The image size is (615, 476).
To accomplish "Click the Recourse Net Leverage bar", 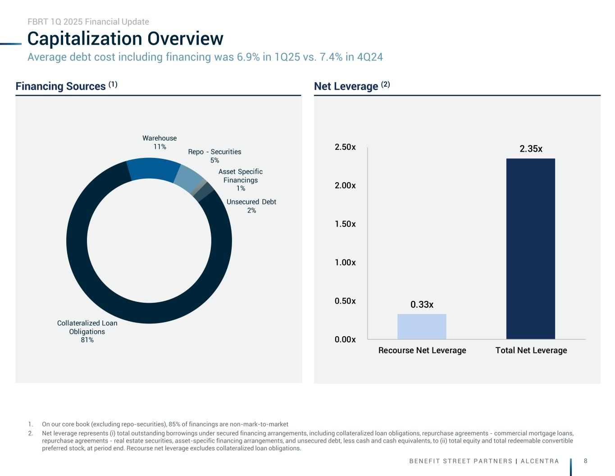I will pos(422,326).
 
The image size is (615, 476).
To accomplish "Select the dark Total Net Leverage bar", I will pos(530,249).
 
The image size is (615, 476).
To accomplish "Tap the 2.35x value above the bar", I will pos(531,149).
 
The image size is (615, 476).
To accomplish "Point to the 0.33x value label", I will pos(422,305).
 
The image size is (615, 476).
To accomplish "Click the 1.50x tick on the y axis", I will pos(345,224).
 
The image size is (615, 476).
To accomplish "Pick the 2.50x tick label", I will pos(345,148).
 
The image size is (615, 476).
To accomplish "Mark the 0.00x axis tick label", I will pos(345,339).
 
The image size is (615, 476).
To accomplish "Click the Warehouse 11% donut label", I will pos(159,142).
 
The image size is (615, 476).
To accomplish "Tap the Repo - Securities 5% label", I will pos(214,156).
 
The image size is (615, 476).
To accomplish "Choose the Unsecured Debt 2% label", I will pos(251,206).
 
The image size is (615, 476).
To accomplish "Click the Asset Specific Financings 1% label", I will pos(241,180).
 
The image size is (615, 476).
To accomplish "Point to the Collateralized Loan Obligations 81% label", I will pos(87,331).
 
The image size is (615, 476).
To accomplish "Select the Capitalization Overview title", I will pos(125,39).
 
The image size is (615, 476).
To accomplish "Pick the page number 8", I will pos(585,461).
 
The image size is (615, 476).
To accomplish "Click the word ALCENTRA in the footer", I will pos(540,461).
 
